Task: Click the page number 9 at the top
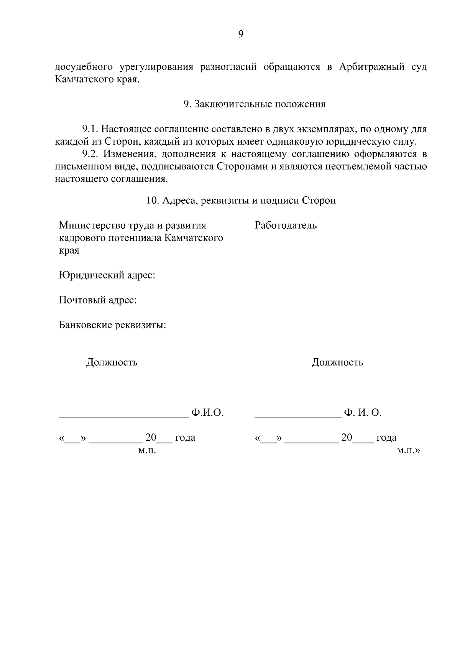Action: tap(241, 35)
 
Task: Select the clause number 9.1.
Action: tap(90, 129)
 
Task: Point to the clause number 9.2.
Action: tap(90, 154)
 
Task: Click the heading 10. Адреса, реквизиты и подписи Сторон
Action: tap(241, 201)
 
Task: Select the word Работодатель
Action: tap(286, 225)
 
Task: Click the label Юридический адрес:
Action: tap(107, 275)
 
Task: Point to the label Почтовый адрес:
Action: tap(98, 300)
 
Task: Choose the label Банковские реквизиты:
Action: tap(112, 325)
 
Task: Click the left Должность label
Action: tap(112, 362)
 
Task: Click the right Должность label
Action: tap(337, 362)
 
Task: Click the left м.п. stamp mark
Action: tap(146, 451)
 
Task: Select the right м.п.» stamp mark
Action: tap(408, 451)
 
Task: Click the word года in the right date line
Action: tap(386, 438)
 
